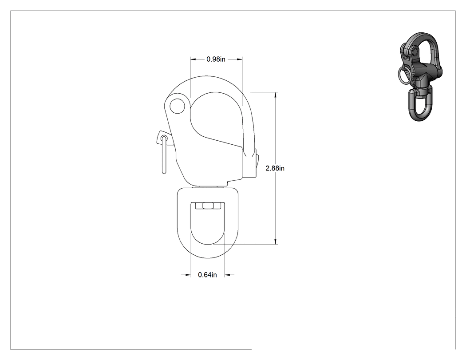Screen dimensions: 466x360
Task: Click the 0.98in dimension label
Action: click(x=216, y=59)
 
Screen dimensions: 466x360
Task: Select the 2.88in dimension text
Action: click(x=275, y=168)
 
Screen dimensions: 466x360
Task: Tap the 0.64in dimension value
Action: click(x=207, y=275)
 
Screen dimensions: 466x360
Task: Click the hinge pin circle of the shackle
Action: click(x=177, y=106)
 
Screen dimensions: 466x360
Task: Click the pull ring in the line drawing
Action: click(x=164, y=154)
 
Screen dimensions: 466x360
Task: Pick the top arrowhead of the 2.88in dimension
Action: click(x=276, y=95)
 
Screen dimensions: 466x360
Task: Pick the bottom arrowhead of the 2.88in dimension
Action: click(x=276, y=241)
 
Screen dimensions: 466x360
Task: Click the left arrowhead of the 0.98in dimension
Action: click(x=193, y=59)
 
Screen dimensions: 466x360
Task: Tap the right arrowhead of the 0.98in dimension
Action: click(x=239, y=59)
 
